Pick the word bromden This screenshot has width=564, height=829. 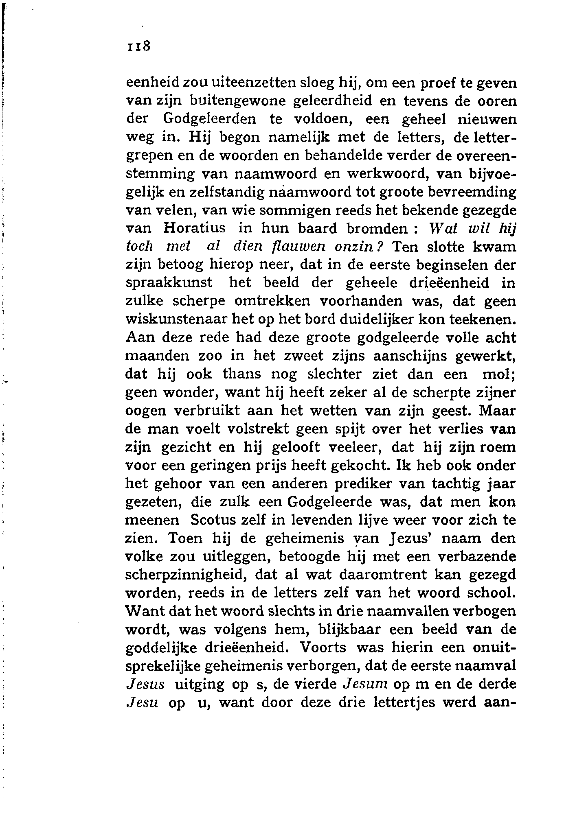[x=375, y=228]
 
